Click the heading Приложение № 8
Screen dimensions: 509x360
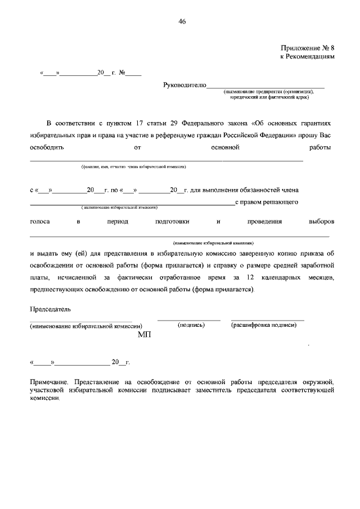tap(308, 48)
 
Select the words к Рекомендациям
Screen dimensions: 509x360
tap(308, 57)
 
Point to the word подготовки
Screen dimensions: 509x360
tap(172, 222)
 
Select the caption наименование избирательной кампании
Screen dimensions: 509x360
tap(214, 243)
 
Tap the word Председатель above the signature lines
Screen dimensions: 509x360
tap(50, 309)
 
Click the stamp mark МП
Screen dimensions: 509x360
tap(145, 334)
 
